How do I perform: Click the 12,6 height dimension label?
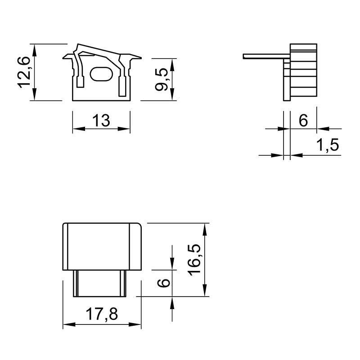pos(24,72)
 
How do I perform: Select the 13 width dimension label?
pos(101,120)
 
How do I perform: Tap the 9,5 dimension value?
pos(162,79)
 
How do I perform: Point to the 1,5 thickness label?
pos(328,145)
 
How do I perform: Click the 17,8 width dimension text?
pos(102,314)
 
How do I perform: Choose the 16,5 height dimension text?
pos(194,260)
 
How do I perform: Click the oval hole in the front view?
pos(101,74)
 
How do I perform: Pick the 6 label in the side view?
pos(303,120)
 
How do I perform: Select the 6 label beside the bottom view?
pos(164,283)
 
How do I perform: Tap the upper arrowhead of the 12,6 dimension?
pos(35,50)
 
